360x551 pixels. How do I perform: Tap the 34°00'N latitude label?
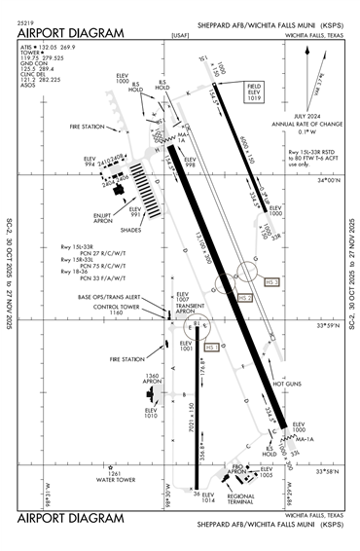pyautogui.click(x=331, y=180)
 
